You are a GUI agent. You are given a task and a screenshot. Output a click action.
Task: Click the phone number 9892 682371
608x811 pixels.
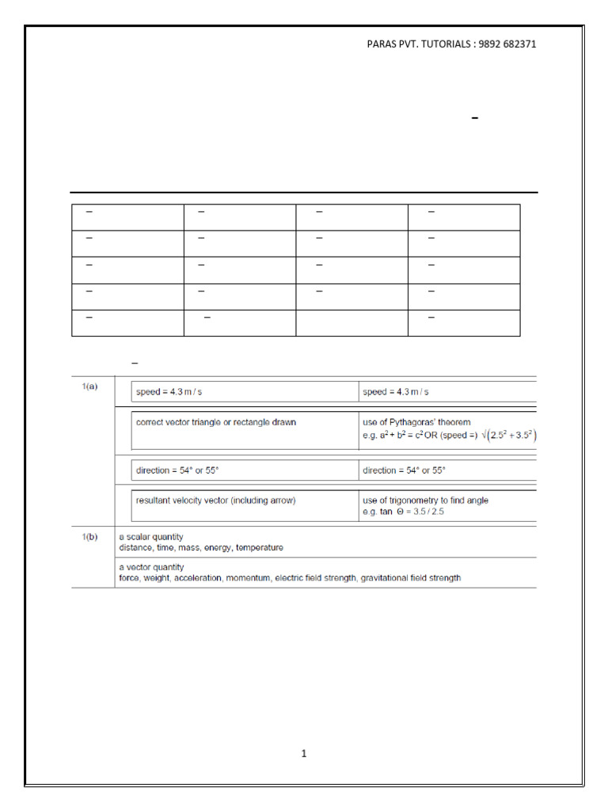(x=507, y=44)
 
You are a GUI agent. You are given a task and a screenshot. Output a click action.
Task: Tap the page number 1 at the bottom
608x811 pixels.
(x=303, y=754)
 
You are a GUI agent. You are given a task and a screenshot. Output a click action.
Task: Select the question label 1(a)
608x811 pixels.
(x=90, y=387)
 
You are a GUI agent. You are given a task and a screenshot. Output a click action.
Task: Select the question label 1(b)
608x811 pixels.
(x=90, y=537)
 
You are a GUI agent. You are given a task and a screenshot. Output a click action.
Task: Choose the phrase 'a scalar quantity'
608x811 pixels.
(x=150, y=537)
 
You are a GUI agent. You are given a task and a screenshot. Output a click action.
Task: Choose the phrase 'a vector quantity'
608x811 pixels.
(x=151, y=567)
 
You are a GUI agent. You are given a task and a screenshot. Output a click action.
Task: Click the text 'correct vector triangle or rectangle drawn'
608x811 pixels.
(x=216, y=422)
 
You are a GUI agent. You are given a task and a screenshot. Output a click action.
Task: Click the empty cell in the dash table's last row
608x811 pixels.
(x=352, y=323)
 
